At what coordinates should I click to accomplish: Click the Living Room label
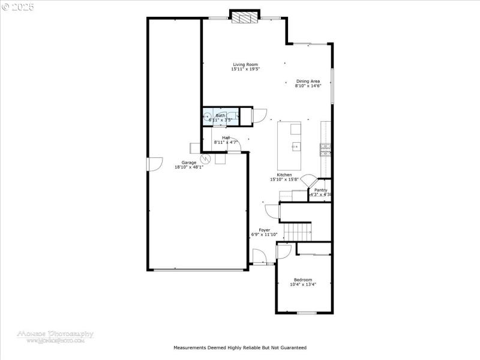(245, 64)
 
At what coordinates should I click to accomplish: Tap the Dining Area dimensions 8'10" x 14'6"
(308, 86)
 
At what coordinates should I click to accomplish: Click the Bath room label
(221, 115)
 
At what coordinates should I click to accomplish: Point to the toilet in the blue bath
(208, 117)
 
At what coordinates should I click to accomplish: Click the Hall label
(226, 137)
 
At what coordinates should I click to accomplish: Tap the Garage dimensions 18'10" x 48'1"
(189, 167)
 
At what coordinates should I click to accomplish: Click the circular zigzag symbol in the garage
(205, 159)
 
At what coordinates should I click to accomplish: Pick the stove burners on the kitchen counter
(325, 150)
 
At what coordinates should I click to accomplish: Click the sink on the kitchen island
(295, 146)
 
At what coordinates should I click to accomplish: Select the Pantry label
(320, 190)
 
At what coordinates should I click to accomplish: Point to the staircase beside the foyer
(298, 230)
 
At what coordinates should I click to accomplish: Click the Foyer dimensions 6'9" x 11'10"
(264, 235)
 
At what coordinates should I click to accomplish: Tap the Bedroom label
(302, 280)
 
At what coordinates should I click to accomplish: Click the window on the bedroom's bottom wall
(306, 313)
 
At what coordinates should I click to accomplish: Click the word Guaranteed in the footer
(293, 347)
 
